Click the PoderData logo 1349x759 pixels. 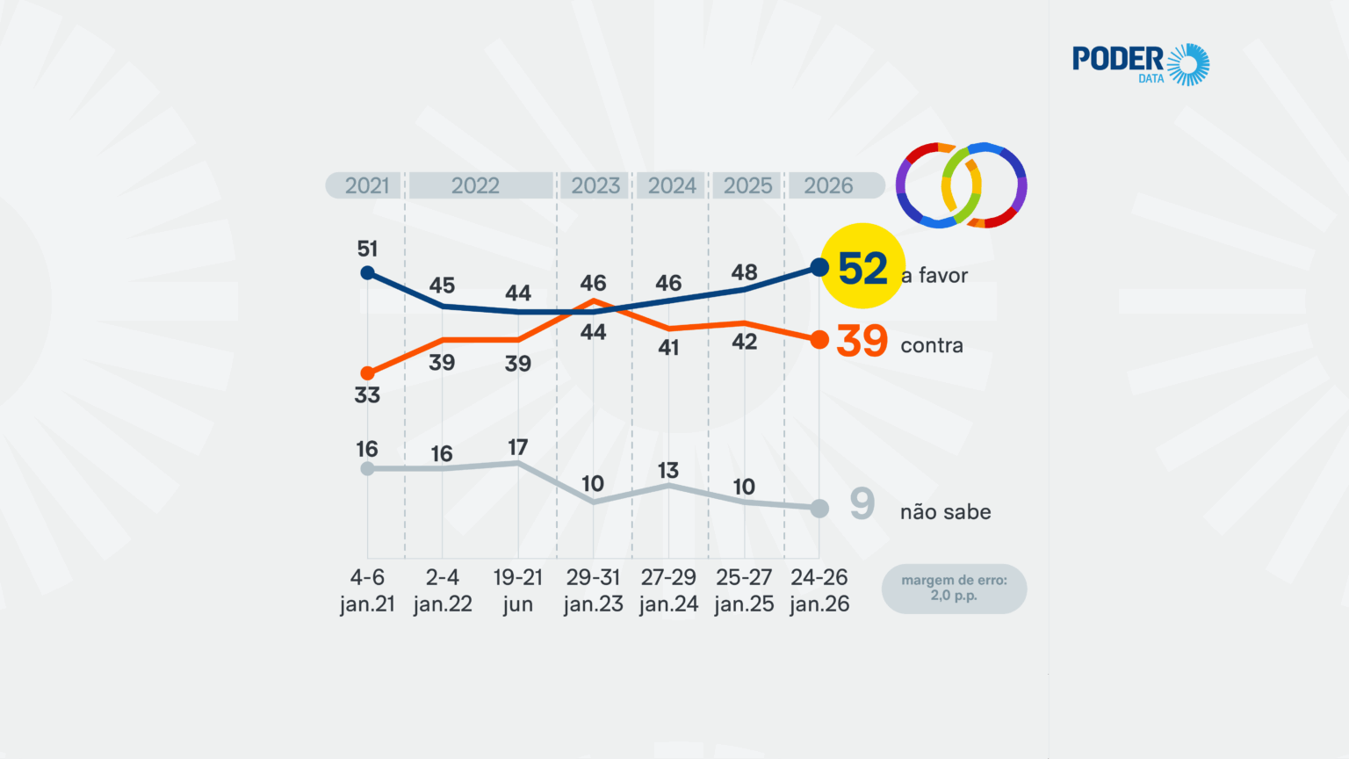(x=1140, y=64)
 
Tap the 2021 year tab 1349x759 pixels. (x=366, y=185)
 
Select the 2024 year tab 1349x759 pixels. (x=672, y=185)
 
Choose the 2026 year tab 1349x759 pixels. (x=828, y=185)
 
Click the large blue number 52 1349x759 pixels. (x=862, y=269)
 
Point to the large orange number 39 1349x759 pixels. (x=862, y=342)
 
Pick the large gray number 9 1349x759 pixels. (x=862, y=504)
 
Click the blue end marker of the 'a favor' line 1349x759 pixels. (x=819, y=267)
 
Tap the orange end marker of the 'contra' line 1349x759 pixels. (x=819, y=340)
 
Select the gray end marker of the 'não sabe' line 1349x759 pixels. (x=819, y=509)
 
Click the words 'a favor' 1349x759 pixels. (x=934, y=276)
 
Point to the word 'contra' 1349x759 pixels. (x=932, y=346)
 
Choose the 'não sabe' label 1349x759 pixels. (x=945, y=512)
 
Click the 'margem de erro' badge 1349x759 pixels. (x=954, y=588)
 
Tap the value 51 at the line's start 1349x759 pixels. (x=367, y=249)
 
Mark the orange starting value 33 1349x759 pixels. (x=367, y=395)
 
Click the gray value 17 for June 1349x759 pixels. (x=518, y=448)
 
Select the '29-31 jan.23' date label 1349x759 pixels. (x=593, y=590)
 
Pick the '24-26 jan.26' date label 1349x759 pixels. (x=819, y=590)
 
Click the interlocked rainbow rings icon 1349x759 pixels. (x=961, y=185)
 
